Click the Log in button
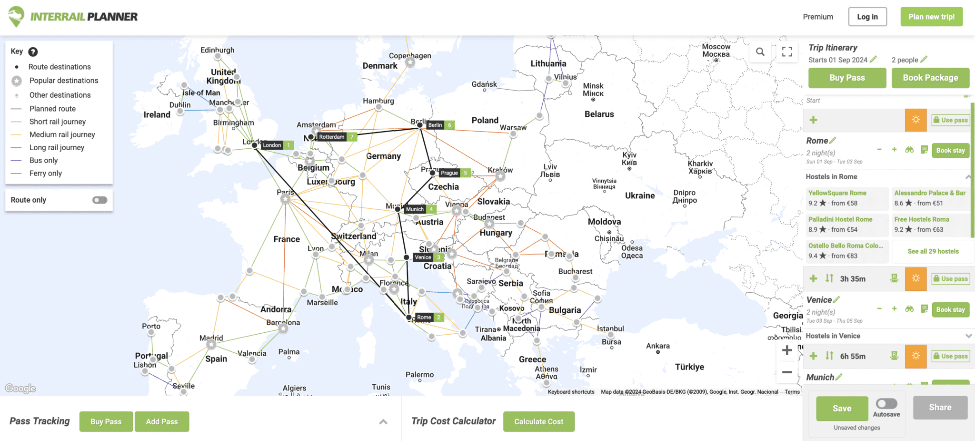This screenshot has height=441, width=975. pos(867,17)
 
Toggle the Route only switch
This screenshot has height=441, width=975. pos(99,200)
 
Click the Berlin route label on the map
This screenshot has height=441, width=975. pos(435,125)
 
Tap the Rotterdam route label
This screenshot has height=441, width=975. pos(332,137)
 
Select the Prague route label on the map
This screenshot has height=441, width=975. pos(449,173)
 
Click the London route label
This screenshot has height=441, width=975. pos(272,145)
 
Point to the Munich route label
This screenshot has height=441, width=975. pos(415,209)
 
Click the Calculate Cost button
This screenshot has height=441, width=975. pos(538,421)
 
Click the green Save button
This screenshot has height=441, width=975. pos(842,408)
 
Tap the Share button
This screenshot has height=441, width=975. pos(940,408)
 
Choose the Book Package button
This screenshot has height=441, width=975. pos(930,78)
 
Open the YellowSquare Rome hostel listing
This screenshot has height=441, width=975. pos(837,193)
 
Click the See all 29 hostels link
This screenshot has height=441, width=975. pos(933,251)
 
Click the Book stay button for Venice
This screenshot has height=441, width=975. pos(950,309)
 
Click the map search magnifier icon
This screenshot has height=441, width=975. pos(760,51)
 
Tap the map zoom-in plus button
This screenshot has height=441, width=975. pos(787,350)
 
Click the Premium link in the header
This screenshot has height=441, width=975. pos(818,17)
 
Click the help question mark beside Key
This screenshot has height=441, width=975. pos(33,51)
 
